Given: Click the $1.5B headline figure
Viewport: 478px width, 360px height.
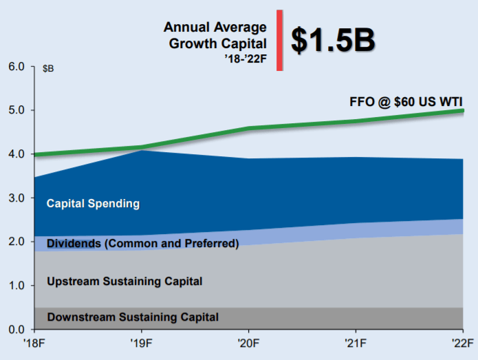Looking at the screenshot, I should coord(333,41).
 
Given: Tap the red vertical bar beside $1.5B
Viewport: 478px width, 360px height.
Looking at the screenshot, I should coord(279,41).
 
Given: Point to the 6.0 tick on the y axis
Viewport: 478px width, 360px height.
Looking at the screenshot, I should coord(16,67).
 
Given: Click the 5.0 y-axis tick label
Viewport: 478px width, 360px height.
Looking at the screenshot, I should coord(16,110).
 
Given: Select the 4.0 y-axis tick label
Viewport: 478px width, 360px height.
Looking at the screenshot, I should coord(16,154).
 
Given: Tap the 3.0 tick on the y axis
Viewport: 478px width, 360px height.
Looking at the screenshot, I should coord(16,198).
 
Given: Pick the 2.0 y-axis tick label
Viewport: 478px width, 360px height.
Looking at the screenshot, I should coord(16,242).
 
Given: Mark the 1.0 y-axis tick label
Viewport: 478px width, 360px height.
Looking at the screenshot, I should coord(16,286).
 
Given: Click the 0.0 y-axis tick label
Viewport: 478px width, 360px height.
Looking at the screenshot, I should coord(16,329).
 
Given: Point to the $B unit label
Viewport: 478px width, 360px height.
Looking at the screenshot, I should coord(48,68).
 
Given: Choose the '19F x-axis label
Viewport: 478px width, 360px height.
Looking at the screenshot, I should coord(141,343).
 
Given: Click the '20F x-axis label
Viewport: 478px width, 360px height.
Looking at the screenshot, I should coord(248,343).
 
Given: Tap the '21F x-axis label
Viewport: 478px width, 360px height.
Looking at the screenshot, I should coord(355,343).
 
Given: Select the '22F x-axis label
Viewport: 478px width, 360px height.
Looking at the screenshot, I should coord(461,343).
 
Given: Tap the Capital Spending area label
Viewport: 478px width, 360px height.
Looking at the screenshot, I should coord(93,204).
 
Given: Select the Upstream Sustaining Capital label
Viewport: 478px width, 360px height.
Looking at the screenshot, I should coord(124,281).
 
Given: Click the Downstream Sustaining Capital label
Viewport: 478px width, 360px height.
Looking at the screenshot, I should coord(133,317).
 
